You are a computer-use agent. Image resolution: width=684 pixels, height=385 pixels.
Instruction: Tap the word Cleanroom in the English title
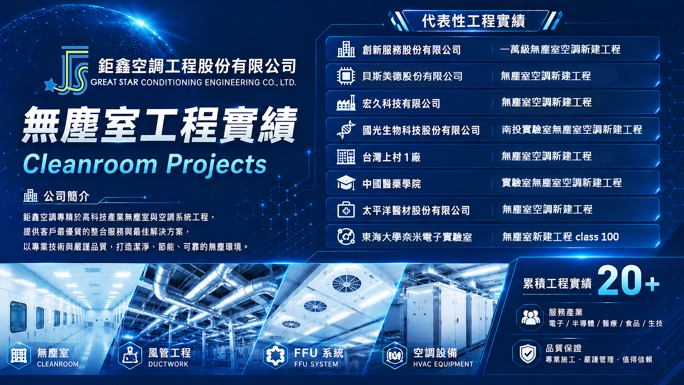coord(90,164)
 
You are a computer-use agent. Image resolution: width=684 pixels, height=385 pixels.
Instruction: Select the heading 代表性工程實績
coord(473,21)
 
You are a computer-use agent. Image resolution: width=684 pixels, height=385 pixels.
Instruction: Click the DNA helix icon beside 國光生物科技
coord(346,130)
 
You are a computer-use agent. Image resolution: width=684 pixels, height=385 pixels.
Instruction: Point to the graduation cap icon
coord(346,183)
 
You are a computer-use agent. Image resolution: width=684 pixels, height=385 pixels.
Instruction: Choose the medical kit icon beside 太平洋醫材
coord(346,210)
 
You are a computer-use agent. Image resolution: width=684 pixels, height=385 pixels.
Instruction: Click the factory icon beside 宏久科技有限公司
coord(346,103)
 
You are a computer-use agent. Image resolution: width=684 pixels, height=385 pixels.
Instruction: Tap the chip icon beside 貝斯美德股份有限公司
coord(346,76)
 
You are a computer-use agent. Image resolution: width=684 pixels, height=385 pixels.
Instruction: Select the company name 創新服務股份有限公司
coord(412,50)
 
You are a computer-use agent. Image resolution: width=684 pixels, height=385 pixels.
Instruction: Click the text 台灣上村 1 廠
coord(391,157)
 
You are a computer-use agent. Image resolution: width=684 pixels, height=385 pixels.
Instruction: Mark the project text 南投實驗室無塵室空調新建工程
coord(571,129)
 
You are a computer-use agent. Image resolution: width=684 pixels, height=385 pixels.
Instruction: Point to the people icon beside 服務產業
coord(531,317)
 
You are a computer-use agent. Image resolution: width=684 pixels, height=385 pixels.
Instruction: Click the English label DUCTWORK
coord(168,364)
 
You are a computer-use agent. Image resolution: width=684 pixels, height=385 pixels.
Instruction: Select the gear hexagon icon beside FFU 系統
coord(275,355)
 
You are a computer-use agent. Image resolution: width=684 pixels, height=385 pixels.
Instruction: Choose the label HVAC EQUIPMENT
coord(443,364)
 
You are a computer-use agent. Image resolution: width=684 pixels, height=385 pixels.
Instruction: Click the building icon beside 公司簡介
coord(31,196)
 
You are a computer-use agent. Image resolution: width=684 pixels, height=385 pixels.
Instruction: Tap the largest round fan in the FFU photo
coord(346,284)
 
